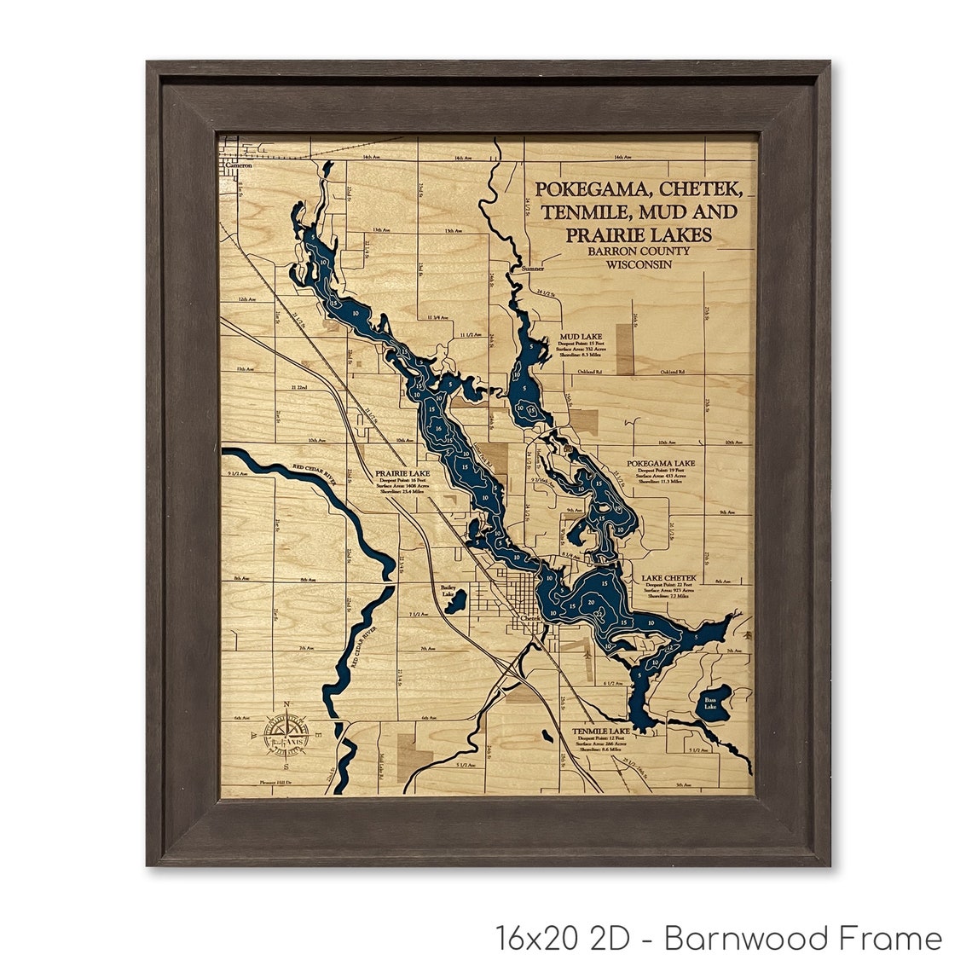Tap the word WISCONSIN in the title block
(639, 264)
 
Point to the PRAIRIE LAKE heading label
(406, 473)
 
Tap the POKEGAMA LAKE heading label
(661, 463)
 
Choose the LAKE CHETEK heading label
(669, 577)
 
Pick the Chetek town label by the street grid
(530, 618)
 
